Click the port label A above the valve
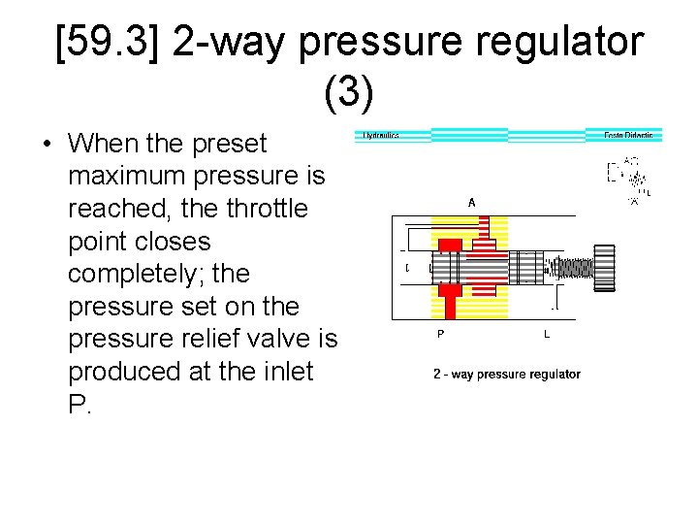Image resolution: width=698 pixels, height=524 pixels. point(471,203)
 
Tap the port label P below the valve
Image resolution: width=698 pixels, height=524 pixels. point(441,334)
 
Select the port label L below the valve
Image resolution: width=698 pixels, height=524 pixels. point(547,334)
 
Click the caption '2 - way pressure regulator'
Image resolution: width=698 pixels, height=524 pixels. point(506,374)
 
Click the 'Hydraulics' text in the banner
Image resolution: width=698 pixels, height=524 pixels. point(381,135)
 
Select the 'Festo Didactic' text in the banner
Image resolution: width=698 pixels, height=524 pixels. point(627,135)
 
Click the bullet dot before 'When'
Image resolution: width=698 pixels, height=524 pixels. point(47,145)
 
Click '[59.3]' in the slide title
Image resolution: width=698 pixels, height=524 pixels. point(109,44)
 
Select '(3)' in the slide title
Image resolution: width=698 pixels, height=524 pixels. point(349,91)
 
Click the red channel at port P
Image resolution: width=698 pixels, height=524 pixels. point(449,304)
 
